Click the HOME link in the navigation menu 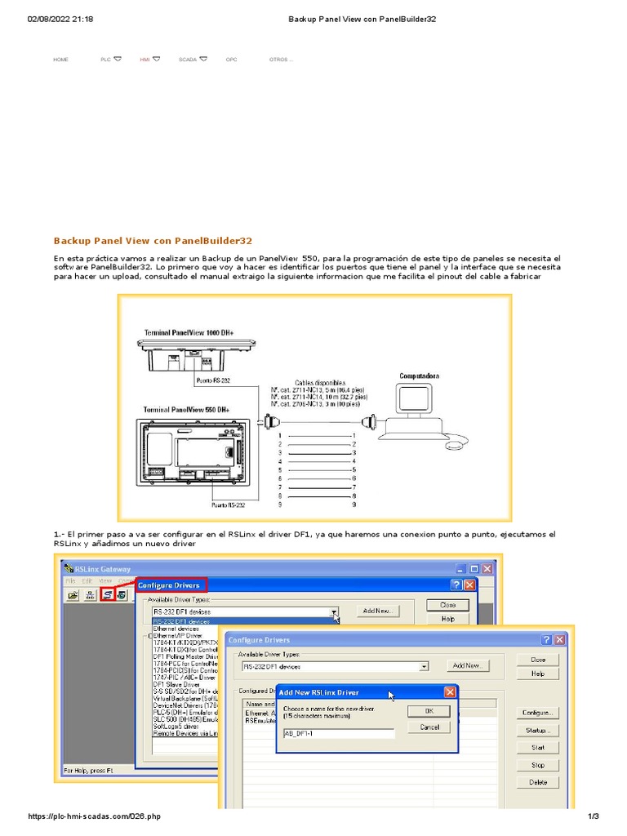click(60, 60)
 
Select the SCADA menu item click(188, 60)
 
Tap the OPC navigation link click(232, 60)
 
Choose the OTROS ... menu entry click(280, 60)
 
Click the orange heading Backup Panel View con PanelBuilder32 click(153, 241)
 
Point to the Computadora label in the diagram click(419, 376)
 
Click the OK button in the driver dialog click(429, 710)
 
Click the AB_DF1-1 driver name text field click(338, 733)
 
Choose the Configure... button click(538, 713)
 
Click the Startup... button click(538, 730)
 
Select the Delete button click(538, 782)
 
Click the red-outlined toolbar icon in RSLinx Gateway click(108, 595)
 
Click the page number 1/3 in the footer click(594, 816)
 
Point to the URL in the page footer click(94, 816)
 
